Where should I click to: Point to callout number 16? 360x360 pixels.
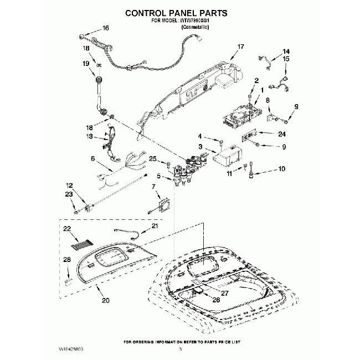click(x=106, y=28)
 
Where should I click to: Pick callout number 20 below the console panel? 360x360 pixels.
click(x=105, y=300)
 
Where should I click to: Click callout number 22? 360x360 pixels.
click(x=67, y=228)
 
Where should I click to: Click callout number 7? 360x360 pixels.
click(x=154, y=187)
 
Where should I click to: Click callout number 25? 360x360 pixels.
click(x=153, y=160)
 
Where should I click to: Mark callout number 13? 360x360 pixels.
click(x=89, y=136)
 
